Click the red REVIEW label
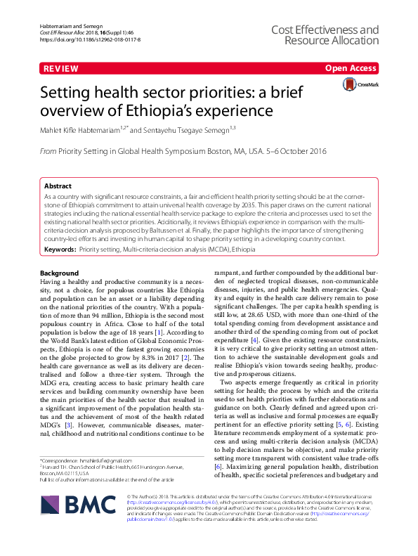coord(60,68)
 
